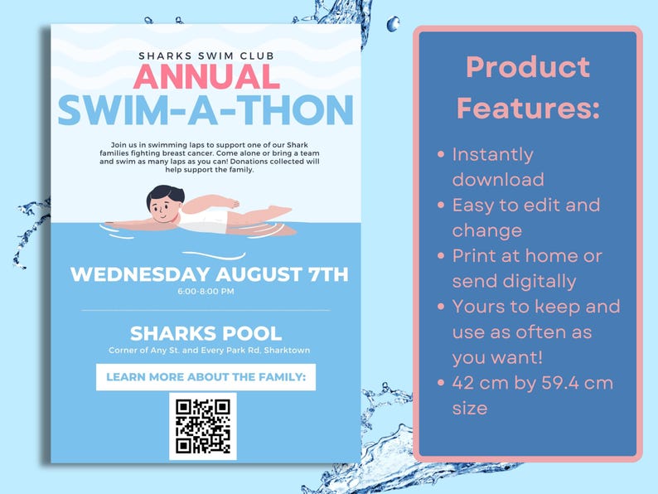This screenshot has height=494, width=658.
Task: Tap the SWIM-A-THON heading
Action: point(206,110)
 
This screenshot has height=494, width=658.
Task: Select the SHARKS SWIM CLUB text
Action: point(206,56)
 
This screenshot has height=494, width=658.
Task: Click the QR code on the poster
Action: point(203,426)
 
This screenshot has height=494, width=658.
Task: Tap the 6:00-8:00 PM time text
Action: point(206,292)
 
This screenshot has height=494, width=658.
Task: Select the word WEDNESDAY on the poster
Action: point(140,274)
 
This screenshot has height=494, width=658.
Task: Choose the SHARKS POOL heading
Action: point(206,334)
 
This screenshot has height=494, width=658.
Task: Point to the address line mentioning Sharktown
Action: point(209,351)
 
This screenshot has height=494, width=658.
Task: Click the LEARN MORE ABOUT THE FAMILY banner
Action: point(206,378)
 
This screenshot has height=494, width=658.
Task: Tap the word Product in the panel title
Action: point(528,67)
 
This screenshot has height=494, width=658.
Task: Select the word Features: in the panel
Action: point(528,108)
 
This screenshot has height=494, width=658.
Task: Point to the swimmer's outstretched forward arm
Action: point(124,223)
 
